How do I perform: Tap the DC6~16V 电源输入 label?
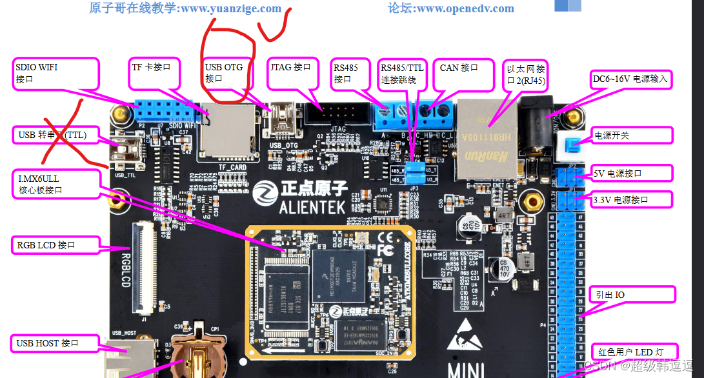[x=632, y=79]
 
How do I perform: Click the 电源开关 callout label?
[x=632, y=135]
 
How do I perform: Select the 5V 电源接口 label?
[x=632, y=173]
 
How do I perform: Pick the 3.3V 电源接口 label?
[x=632, y=199]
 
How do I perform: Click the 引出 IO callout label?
[x=632, y=295]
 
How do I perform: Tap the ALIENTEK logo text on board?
[x=314, y=207]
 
